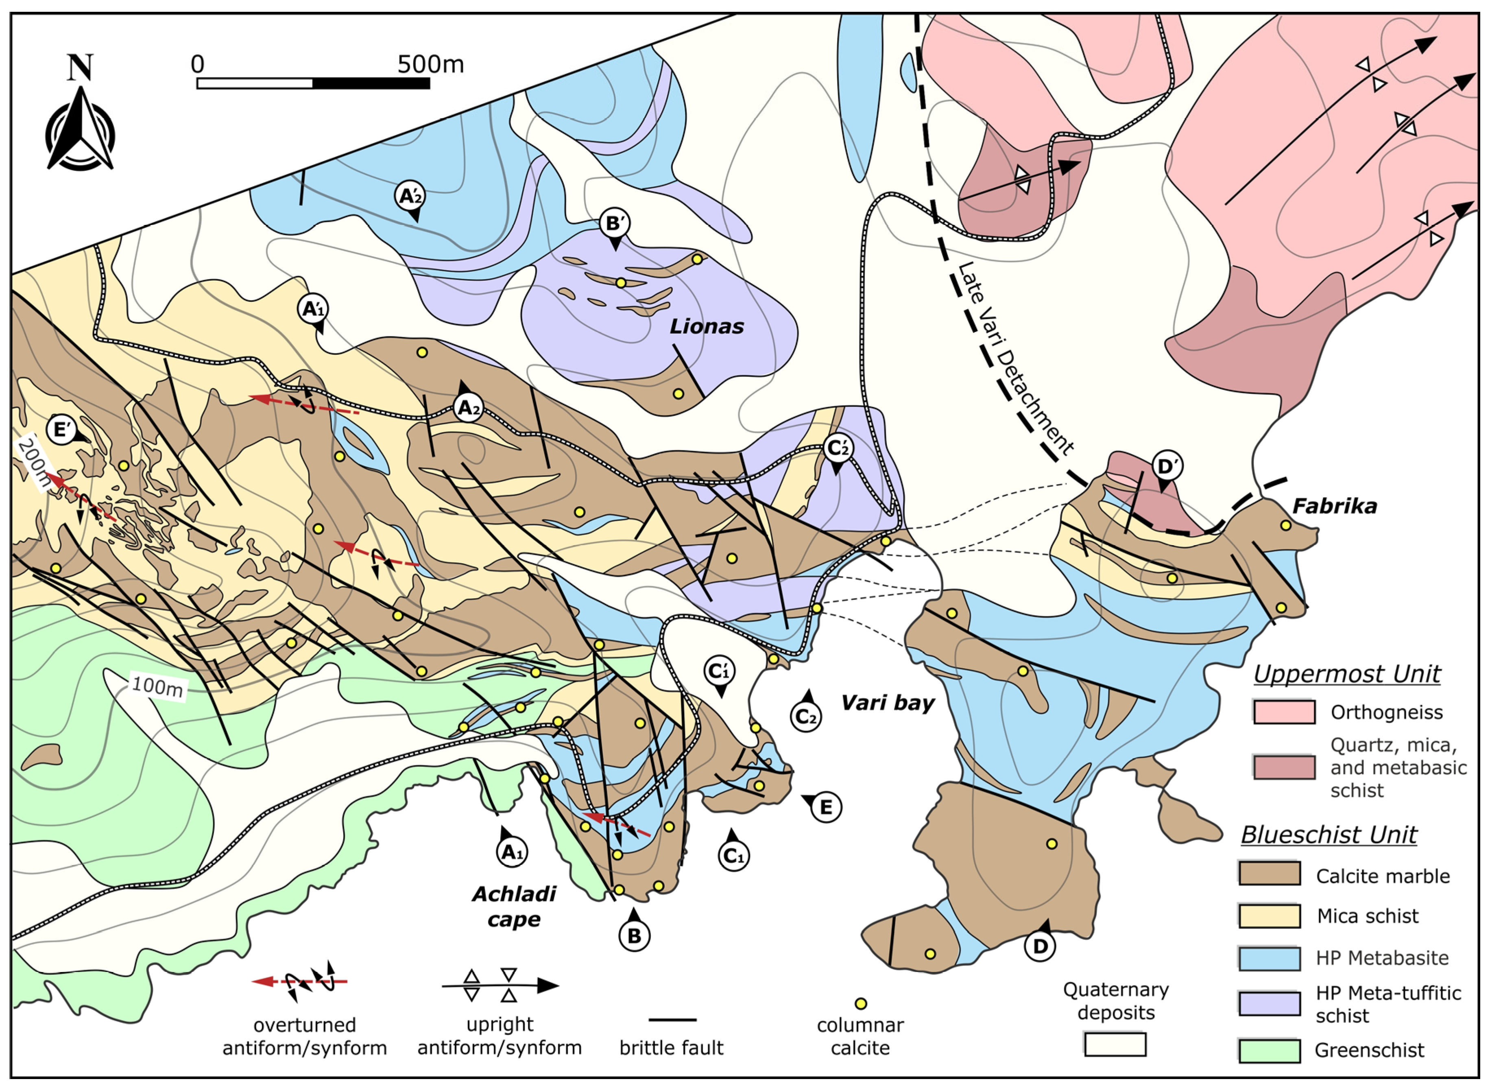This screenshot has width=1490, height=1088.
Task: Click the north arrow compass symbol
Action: (x=80, y=129)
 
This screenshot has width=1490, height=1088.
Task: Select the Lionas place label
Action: (x=707, y=327)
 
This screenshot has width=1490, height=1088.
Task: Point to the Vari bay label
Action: (x=888, y=703)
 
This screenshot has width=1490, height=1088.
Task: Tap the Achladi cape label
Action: (x=514, y=906)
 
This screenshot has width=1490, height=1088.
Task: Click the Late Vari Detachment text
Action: (x=1014, y=359)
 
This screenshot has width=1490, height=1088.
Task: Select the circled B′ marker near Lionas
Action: (x=614, y=224)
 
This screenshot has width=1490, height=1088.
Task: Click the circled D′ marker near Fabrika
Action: (x=1167, y=467)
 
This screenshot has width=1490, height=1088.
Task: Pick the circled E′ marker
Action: (x=61, y=431)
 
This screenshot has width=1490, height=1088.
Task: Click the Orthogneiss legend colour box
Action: (x=1283, y=712)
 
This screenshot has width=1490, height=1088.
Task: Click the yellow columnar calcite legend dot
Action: (x=860, y=1004)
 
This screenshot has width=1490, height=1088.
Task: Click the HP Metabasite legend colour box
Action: (x=1269, y=958)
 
